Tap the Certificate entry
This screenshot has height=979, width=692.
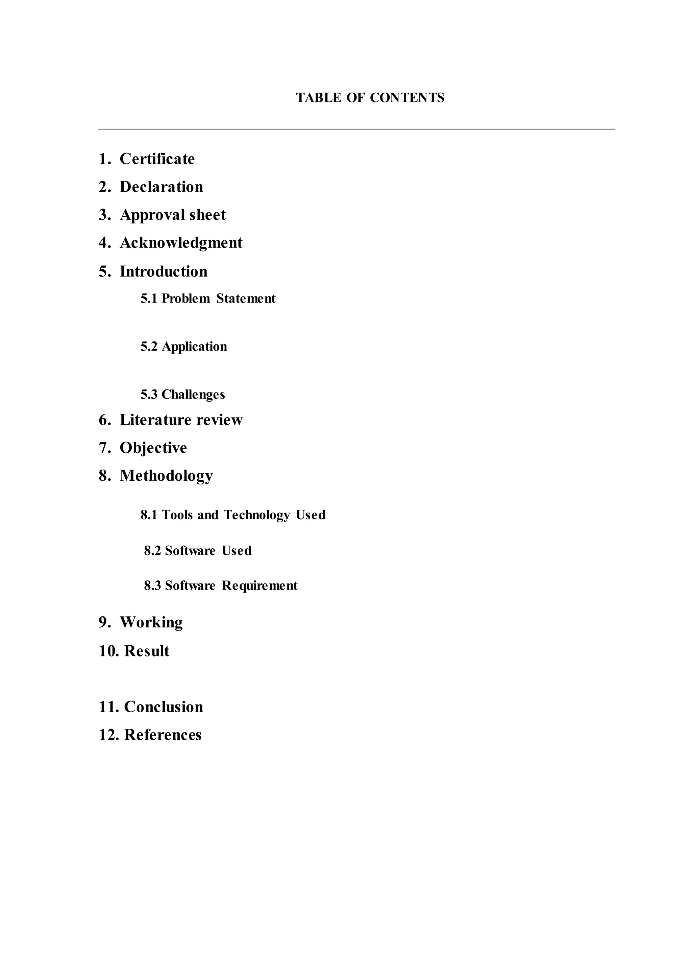click(157, 159)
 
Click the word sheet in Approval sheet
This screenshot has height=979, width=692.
click(207, 215)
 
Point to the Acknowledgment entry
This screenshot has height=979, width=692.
click(181, 243)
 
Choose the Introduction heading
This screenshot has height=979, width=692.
click(163, 271)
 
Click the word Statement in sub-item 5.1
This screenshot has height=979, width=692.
click(246, 299)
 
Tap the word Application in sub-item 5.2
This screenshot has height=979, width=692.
click(194, 347)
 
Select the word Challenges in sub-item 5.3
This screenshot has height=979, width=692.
click(193, 395)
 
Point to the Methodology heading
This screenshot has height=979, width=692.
click(166, 476)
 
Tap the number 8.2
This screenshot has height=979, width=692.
click(152, 551)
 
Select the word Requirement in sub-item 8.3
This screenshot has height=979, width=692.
click(259, 586)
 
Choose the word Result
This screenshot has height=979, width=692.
click(147, 651)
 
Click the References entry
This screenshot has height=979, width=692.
click(162, 735)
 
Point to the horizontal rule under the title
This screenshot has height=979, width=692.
click(356, 129)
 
